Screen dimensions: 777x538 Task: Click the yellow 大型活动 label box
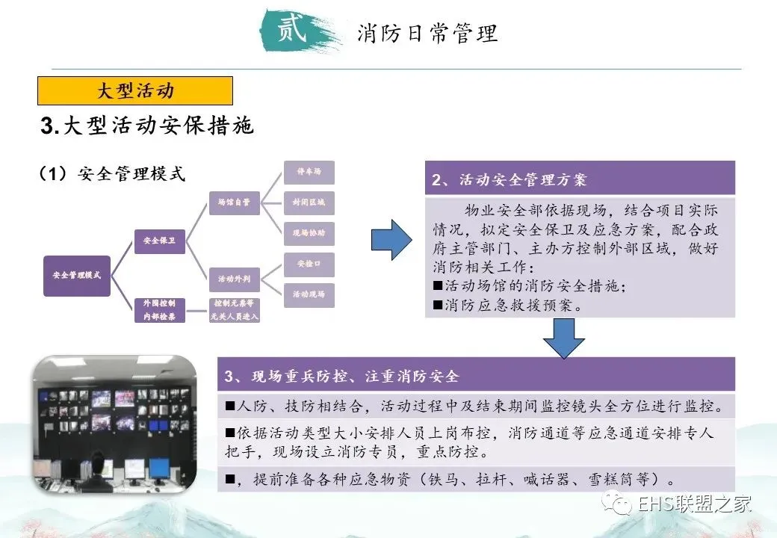(x=135, y=91)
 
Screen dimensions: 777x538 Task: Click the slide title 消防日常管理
(x=427, y=34)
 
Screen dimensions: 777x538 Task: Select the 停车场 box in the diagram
(x=309, y=173)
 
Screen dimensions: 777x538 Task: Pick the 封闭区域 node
(x=309, y=202)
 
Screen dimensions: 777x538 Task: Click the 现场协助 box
(x=309, y=233)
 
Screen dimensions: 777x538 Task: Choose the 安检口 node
(x=309, y=265)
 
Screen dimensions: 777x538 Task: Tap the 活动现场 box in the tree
(x=309, y=294)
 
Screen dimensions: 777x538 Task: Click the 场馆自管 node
(x=234, y=202)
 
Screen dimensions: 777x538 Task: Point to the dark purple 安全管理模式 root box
(x=77, y=275)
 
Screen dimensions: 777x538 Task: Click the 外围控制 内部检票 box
(x=160, y=310)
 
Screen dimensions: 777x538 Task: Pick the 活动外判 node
(x=234, y=279)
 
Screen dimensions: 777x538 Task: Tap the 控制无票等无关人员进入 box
(x=234, y=310)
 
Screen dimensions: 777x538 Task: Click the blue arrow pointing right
(x=391, y=240)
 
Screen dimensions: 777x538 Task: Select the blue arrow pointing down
(x=563, y=338)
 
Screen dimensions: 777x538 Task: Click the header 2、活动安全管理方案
(x=580, y=180)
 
